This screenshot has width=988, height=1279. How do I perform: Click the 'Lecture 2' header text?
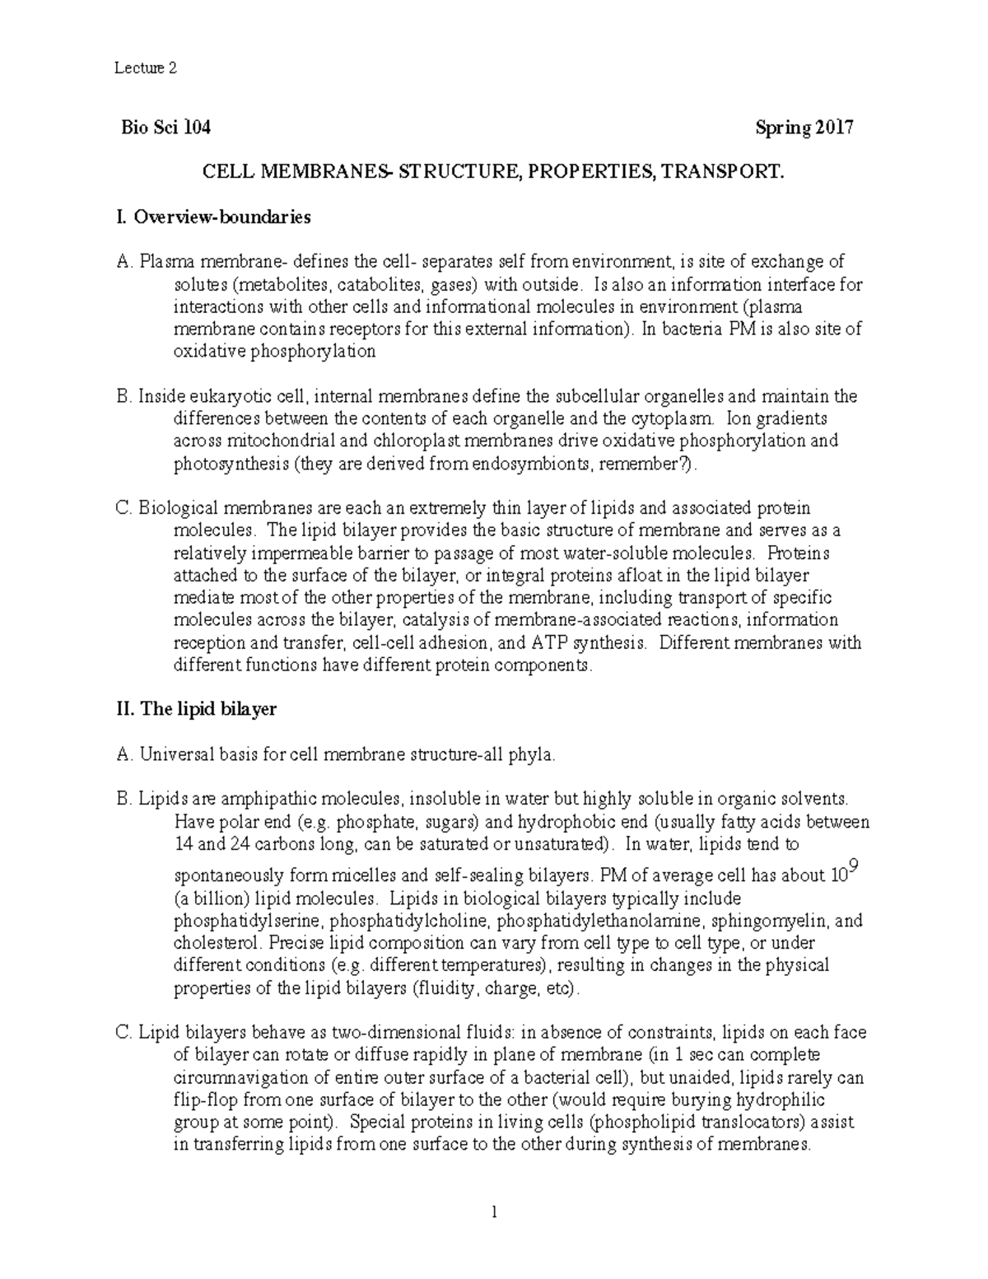(145, 68)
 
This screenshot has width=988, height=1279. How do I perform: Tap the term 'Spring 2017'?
(804, 128)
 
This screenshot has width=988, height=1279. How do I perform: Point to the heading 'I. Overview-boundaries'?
(214, 217)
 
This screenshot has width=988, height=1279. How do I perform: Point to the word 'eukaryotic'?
(220, 396)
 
